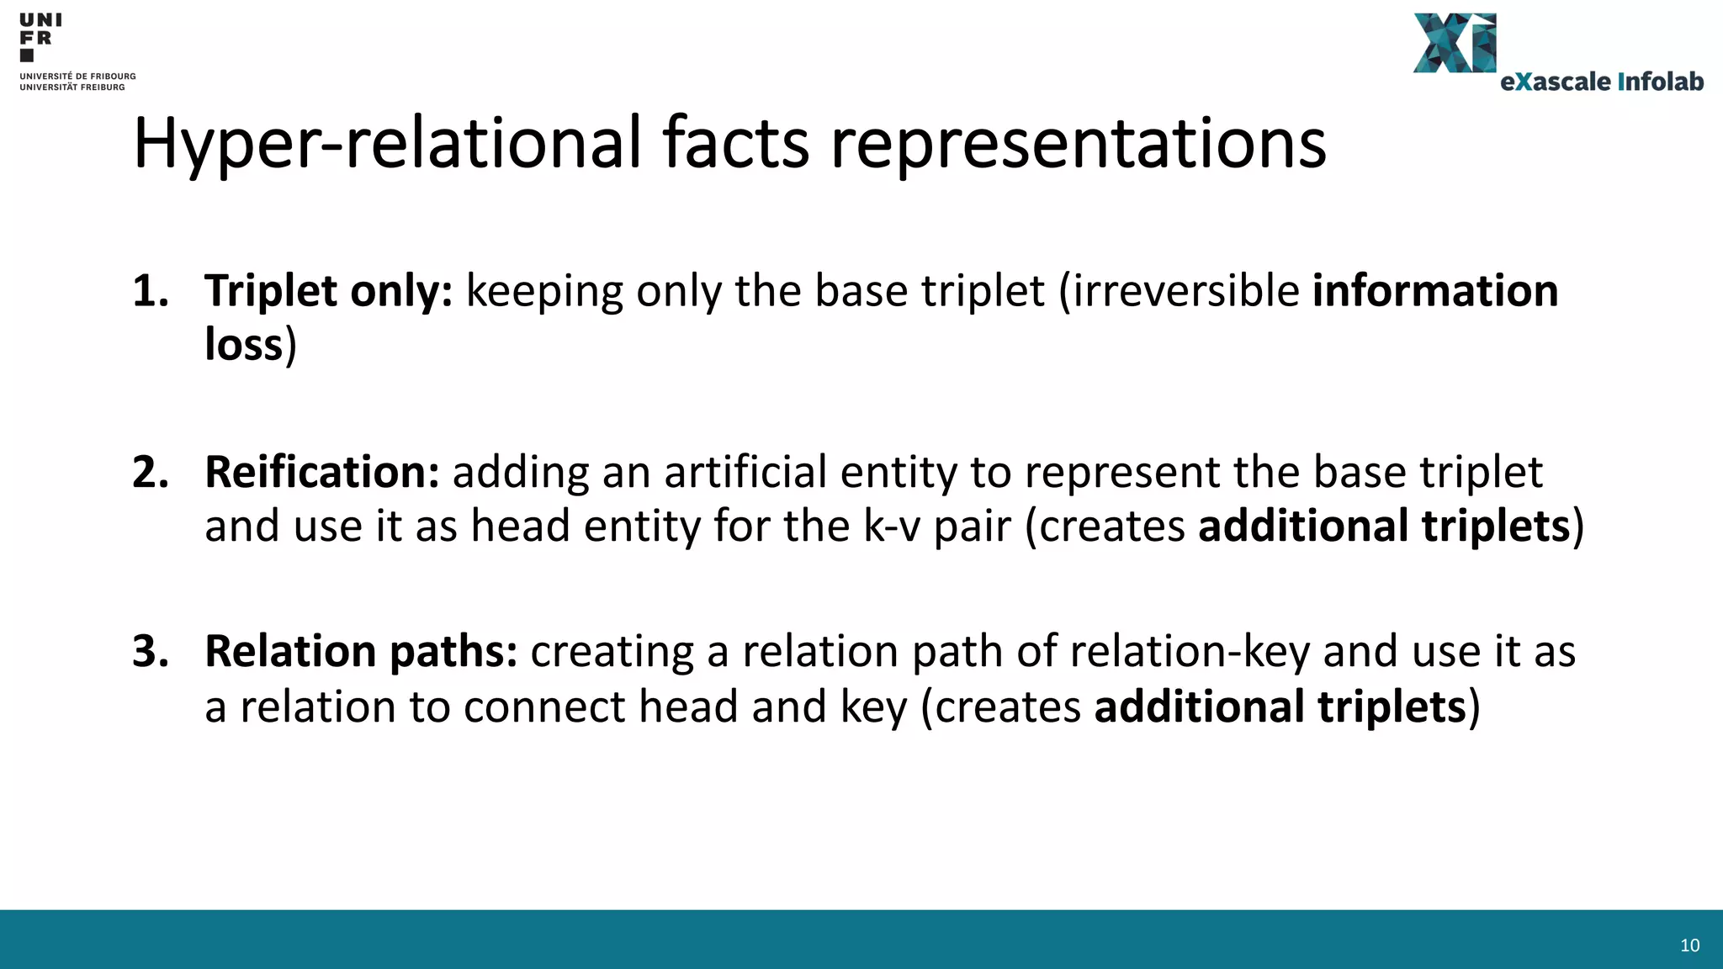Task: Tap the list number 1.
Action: [151, 291]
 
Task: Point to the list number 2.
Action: [151, 472]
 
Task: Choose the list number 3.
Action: [151, 652]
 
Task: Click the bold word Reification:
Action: [322, 472]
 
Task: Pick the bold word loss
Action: [243, 345]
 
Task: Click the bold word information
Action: [1435, 291]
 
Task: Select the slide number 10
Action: [1689, 945]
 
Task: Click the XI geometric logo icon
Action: [1455, 43]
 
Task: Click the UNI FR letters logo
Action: [40, 36]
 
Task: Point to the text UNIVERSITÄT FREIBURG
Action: [72, 87]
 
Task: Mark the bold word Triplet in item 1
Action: [271, 291]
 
